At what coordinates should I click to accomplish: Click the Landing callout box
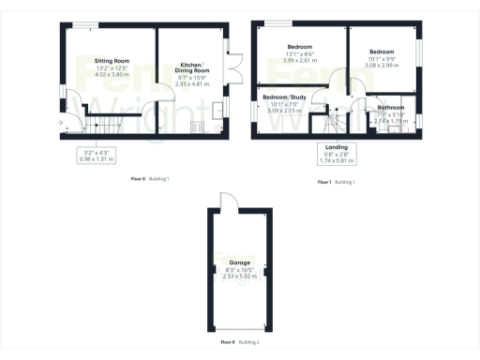pyautogui.click(x=337, y=152)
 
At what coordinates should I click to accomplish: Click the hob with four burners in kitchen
pyautogui.click(x=198, y=127)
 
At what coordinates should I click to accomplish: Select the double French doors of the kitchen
pyautogui.click(x=233, y=67)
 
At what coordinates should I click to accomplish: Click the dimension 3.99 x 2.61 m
pyautogui.click(x=300, y=60)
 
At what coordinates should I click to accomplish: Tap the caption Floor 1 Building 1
pyautogui.click(x=336, y=180)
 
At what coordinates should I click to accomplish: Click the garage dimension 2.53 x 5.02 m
pyautogui.click(x=239, y=277)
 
